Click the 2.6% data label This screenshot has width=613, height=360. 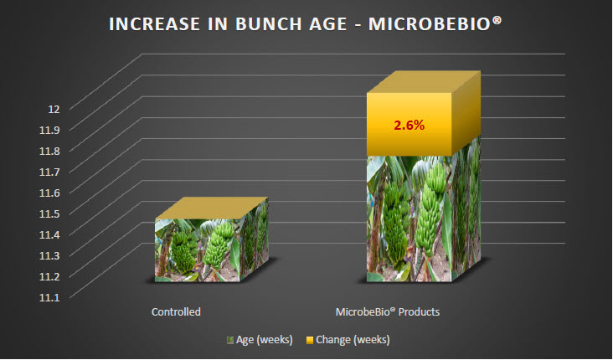pyautogui.click(x=410, y=126)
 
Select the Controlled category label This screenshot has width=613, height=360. pyautogui.click(x=176, y=312)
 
